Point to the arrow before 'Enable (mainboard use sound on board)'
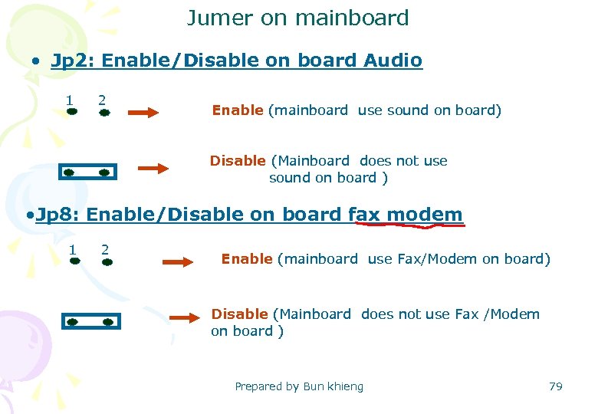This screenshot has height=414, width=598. (x=143, y=113)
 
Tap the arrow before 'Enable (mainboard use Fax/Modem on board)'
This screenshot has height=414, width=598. (x=179, y=261)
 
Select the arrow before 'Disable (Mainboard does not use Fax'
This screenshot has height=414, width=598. (x=184, y=317)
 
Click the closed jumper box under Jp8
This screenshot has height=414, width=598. (x=91, y=322)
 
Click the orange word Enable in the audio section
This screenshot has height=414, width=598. (x=237, y=110)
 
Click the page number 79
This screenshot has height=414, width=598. (x=556, y=386)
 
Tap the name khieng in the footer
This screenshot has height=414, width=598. (x=346, y=386)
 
